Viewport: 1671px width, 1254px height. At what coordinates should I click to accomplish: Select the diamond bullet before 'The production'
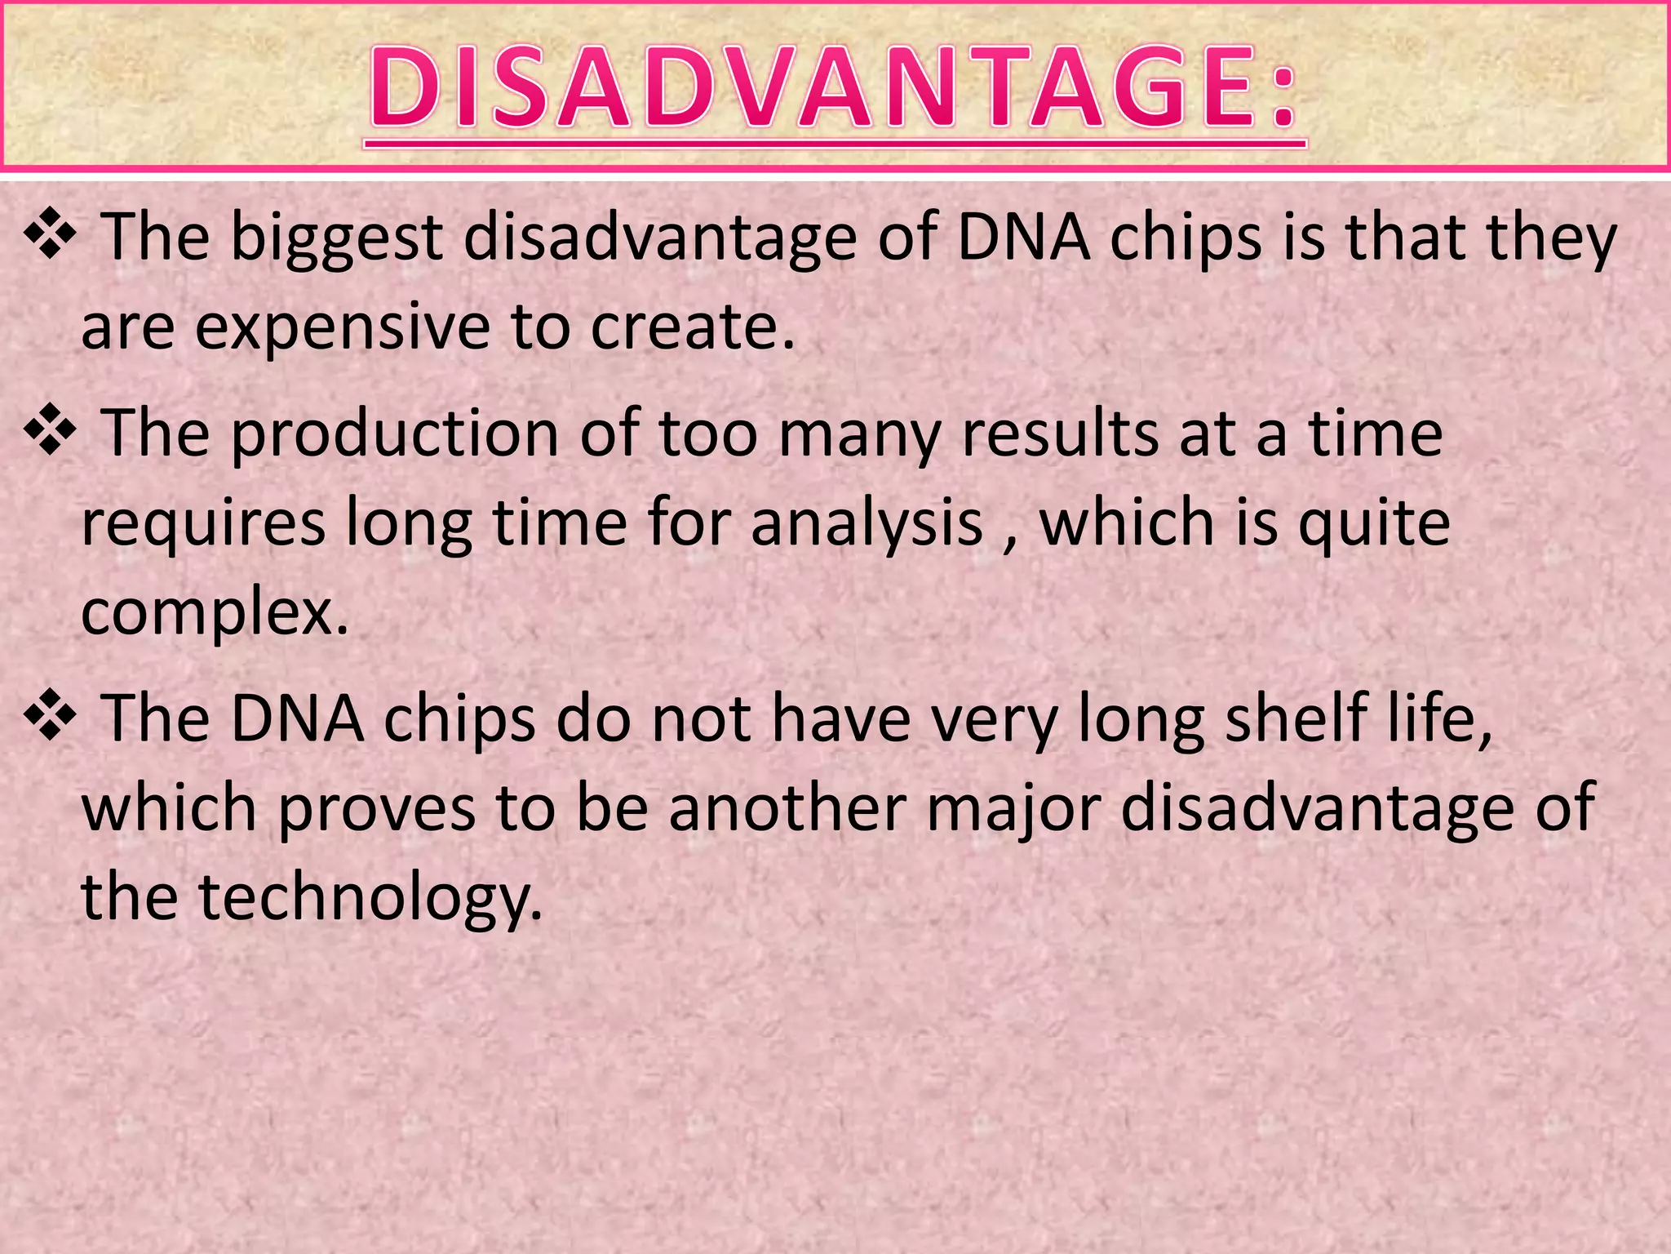pyautogui.click(x=51, y=429)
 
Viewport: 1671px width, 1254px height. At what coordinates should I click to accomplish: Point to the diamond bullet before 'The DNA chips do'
pyautogui.click(x=51, y=714)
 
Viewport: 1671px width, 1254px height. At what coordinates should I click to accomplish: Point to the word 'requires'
pyautogui.click(x=204, y=524)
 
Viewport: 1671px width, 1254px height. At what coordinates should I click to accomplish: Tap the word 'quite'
pyautogui.click(x=1374, y=524)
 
